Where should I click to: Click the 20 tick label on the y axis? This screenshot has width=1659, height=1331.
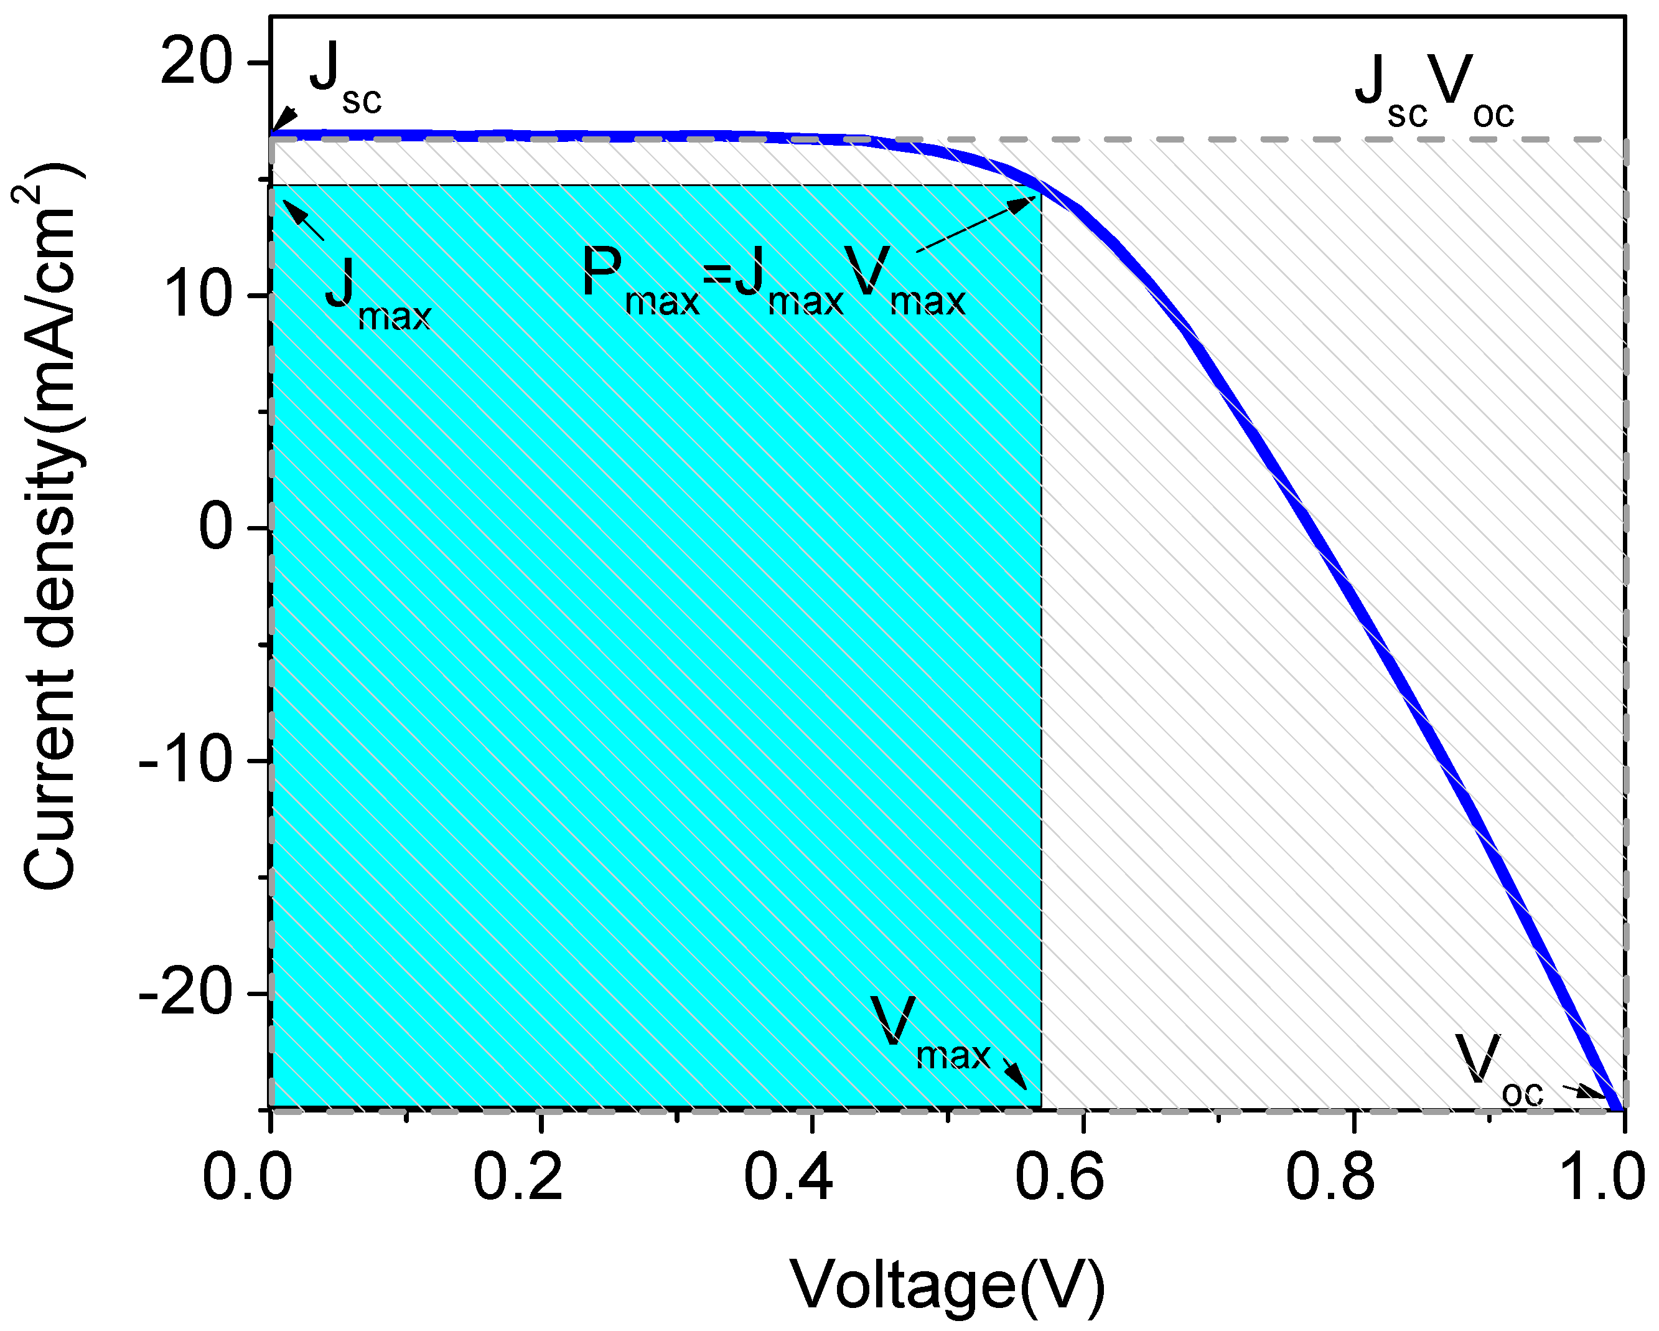tap(195, 63)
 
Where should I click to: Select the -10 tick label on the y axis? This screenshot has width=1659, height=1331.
tap(185, 761)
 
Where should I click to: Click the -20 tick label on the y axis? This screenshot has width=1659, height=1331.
tap(185, 994)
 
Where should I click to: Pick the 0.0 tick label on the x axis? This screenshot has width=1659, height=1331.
tap(247, 1177)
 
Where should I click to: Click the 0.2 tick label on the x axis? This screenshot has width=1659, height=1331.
tap(518, 1177)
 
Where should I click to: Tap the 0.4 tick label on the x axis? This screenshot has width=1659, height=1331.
tap(788, 1177)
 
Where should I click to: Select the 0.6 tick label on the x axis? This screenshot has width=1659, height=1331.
tap(1060, 1177)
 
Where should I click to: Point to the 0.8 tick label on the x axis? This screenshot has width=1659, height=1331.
tap(1330, 1177)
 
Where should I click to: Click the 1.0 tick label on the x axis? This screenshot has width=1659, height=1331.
tap(1601, 1177)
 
